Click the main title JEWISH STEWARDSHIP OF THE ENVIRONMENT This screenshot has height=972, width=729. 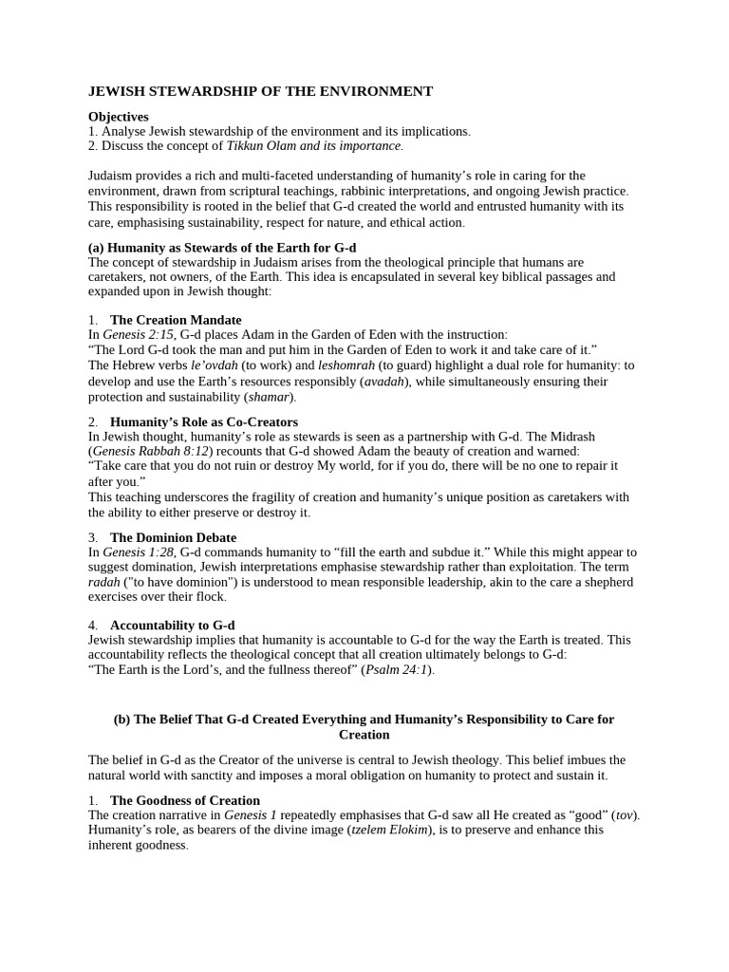pos(260,91)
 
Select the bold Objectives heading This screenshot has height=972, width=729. pos(119,117)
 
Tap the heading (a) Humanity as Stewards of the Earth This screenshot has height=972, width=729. pos(222,248)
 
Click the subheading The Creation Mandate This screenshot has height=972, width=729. pos(176,320)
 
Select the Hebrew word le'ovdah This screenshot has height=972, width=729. pos(212,364)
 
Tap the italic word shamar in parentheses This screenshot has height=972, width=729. pos(268,396)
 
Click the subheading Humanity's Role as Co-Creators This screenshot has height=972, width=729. pos(204,421)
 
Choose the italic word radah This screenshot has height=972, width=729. pos(104,582)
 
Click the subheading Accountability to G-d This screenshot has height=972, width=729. pos(172,626)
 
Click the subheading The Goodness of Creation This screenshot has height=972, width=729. pos(185,800)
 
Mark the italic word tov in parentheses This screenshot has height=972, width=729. pos(626,814)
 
